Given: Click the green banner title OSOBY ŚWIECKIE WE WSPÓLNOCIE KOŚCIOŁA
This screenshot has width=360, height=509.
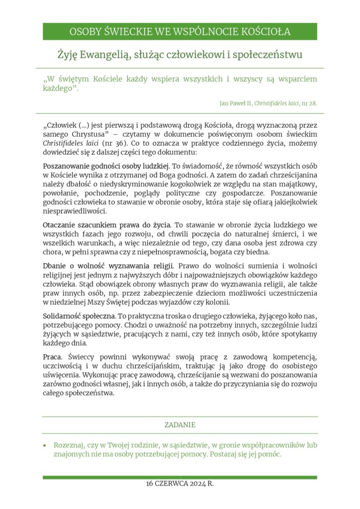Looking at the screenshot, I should (x=180, y=32).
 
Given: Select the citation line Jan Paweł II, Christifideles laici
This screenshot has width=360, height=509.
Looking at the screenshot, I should (x=268, y=103).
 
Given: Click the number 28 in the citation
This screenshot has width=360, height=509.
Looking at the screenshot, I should (x=313, y=103).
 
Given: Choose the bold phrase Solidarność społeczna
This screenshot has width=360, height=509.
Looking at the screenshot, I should (x=79, y=316).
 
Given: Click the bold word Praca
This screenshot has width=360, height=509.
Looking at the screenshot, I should (x=52, y=357).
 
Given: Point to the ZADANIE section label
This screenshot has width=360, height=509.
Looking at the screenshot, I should (x=180, y=425).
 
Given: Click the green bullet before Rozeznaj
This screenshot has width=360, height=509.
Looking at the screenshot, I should (x=45, y=445).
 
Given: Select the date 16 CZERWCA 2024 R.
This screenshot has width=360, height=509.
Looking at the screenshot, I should (x=180, y=484).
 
